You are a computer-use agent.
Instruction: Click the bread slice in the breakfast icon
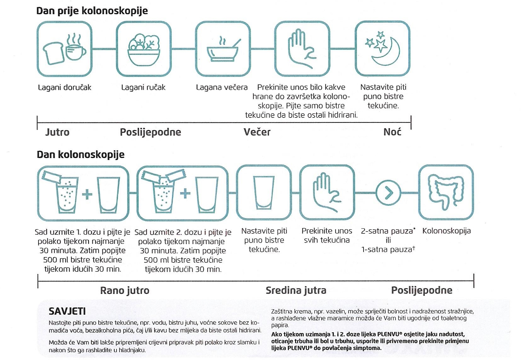click(54, 53)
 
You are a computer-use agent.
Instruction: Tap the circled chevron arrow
click(388, 193)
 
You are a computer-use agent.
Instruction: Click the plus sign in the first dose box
click(87, 194)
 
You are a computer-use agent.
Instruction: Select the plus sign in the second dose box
click(185, 193)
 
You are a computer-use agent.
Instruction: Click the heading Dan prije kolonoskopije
click(92, 11)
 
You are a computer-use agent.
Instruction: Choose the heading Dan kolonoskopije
click(81, 154)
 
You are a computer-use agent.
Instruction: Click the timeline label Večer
click(257, 132)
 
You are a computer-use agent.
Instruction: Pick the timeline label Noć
click(392, 132)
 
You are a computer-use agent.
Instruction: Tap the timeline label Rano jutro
click(125, 290)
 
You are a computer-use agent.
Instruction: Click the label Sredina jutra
click(296, 290)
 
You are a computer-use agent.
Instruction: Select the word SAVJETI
click(67, 311)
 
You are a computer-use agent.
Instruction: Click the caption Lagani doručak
click(65, 88)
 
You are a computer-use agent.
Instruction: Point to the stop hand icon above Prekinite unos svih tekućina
click(327, 192)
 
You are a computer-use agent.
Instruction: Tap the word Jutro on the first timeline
click(57, 132)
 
